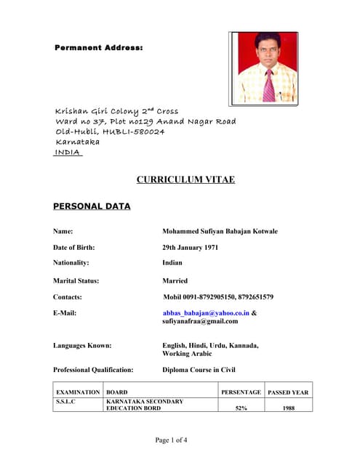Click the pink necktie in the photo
point(268,85)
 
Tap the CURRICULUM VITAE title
point(185,179)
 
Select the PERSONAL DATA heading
point(92,206)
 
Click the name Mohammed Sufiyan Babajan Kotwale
point(220,231)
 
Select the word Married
point(175,280)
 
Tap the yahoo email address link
point(206,312)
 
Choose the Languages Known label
point(82,346)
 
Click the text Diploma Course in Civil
point(199,370)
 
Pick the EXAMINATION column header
point(78,392)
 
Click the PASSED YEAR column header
point(288,392)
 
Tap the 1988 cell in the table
point(289,408)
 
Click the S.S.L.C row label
point(66,401)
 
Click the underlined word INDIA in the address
point(68,153)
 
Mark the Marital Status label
point(76,280)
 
